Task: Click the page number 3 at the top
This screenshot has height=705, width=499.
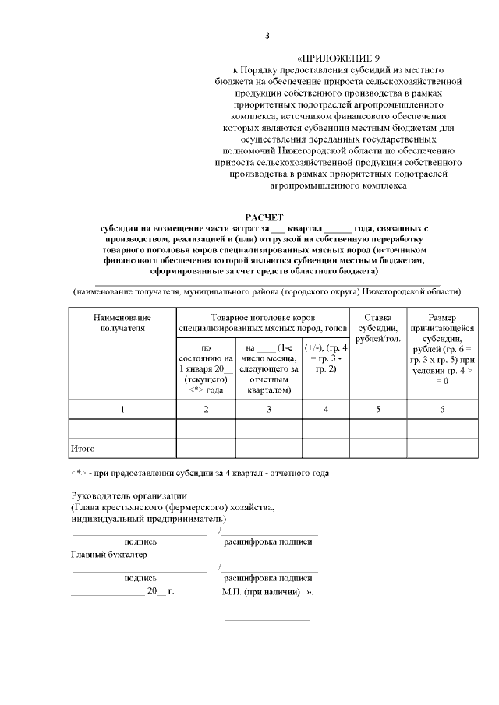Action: pyautogui.click(x=267, y=35)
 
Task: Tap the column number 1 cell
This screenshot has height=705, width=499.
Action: pyautogui.click(x=122, y=409)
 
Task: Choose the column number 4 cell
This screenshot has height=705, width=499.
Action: pyautogui.click(x=326, y=409)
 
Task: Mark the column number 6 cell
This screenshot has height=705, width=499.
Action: pyautogui.click(x=441, y=409)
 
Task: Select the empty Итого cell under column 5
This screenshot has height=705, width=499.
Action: pyautogui.click(x=377, y=449)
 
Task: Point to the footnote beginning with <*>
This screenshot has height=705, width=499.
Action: pyautogui.click(x=200, y=474)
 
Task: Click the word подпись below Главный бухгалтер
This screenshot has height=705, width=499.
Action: pyautogui.click(x=140, y=579)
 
